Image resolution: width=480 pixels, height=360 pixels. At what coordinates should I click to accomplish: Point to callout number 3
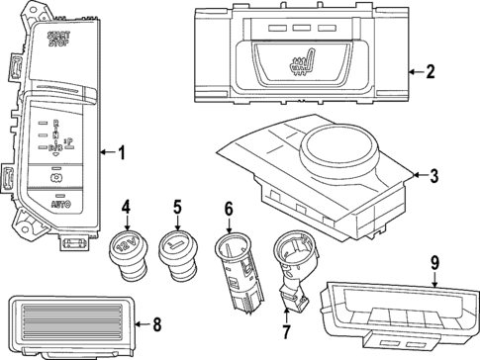click(x=432, y=175)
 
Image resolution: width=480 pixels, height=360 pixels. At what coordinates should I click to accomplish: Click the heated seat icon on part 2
click(x=300, y=66)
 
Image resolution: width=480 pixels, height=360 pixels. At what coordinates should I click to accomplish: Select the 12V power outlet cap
click(x=127, y=248)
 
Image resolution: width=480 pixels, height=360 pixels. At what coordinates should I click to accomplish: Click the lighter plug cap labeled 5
click(x=176, y=249)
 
